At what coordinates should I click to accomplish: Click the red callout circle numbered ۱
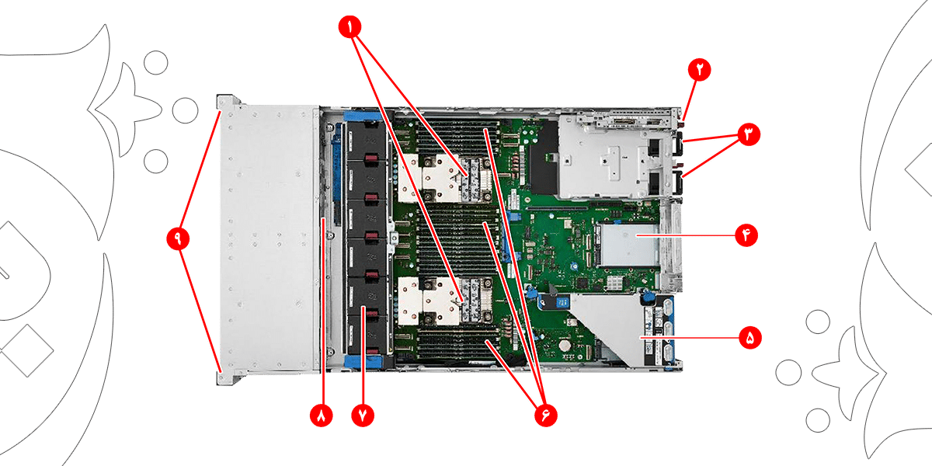click(x=349, y=27)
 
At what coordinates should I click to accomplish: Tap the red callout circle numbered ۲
click(x=700, y=69)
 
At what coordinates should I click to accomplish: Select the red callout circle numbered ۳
click(x=749, y=134)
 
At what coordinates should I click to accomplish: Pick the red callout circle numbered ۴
click(x=746, y=235)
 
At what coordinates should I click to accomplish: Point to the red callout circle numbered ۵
click(x=750, y=337)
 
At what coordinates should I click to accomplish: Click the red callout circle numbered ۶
click(x=546, y=416)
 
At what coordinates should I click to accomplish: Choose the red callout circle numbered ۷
click(x=363, y=416)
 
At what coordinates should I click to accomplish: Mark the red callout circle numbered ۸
click(x=322, y=416)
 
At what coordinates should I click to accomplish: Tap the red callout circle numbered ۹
click(x=178, y=238)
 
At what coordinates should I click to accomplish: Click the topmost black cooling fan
click(x=367, y=141)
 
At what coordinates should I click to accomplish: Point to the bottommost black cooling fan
click(x=367, y=335)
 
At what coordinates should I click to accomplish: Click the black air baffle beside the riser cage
click(x=544, y=158)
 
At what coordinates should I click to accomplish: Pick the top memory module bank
click(x=457, y=137)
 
